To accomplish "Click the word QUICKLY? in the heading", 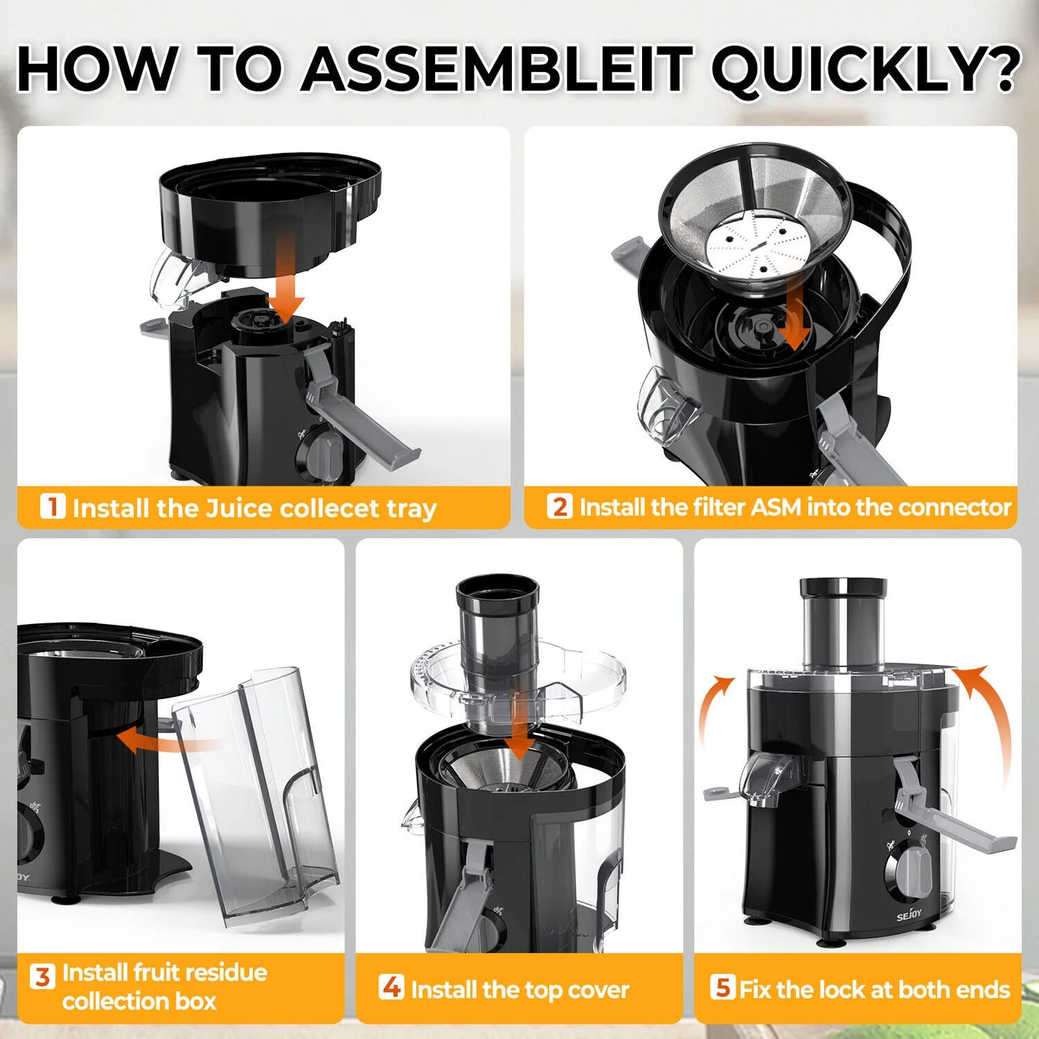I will click(866, 70).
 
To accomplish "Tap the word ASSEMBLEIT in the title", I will click(497, 70).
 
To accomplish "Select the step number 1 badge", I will click(52, 506).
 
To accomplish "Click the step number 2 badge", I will click(559, 506).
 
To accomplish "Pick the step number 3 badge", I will click(42, 976).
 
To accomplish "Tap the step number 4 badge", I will click(391, 987).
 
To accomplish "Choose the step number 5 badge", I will click(721, 987).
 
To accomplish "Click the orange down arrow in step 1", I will click(286, 277).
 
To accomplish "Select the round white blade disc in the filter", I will click(756, 248).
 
